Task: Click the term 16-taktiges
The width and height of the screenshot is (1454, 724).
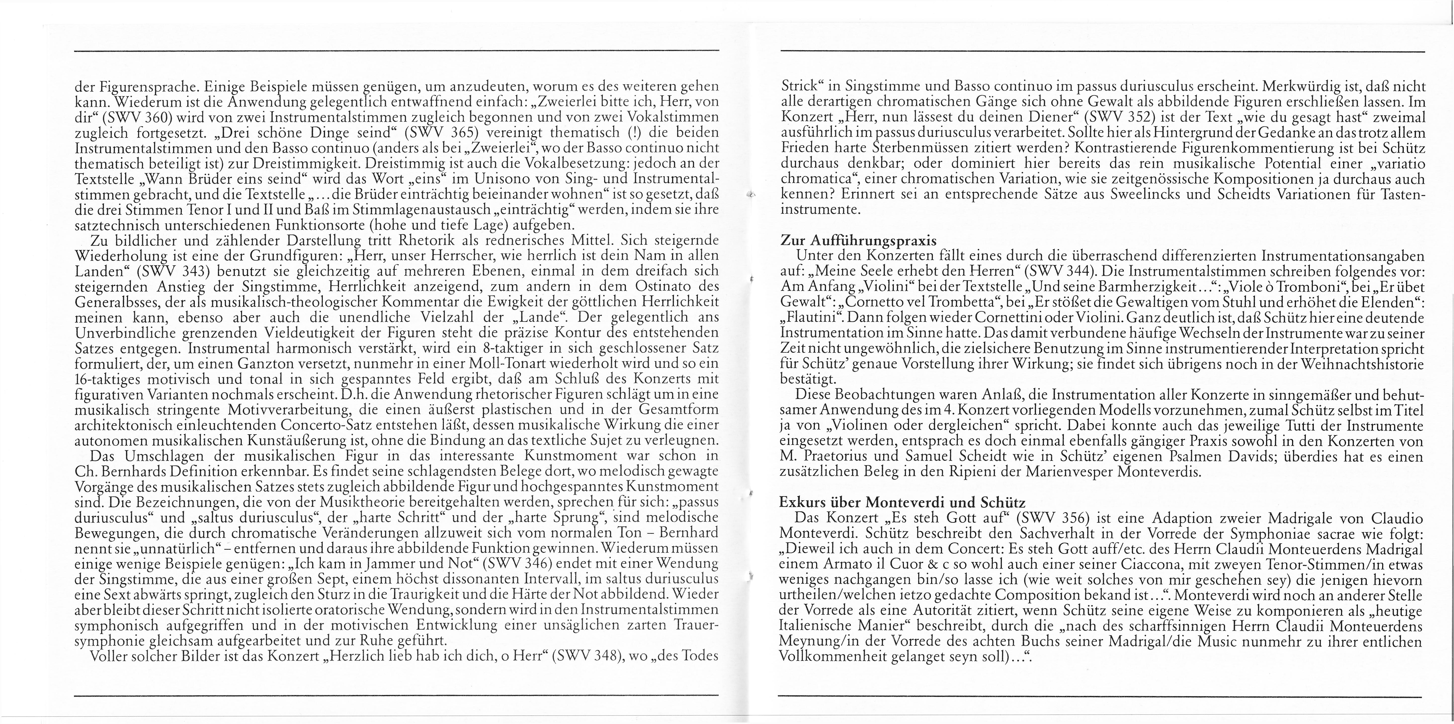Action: [x=112, y=378]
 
